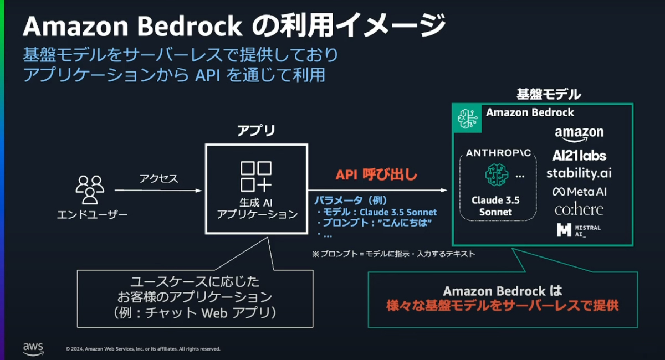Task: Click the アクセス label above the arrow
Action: coord(158,178)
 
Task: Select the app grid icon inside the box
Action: coord(256,176)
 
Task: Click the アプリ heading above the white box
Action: coord(256,131)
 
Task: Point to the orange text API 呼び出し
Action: coord(376,175)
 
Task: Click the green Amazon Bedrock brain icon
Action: coord(467,118)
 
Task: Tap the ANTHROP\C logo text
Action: coord(498,152)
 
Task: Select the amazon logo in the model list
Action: coord(579,133)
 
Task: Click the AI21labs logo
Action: coord(579,155)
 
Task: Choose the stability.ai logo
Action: coord(579,173)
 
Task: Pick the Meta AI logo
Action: coord(579,192)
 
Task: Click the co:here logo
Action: coord(579,210)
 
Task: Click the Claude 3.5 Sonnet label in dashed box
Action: coord(495,206)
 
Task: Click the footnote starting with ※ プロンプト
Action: coord(393,254)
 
